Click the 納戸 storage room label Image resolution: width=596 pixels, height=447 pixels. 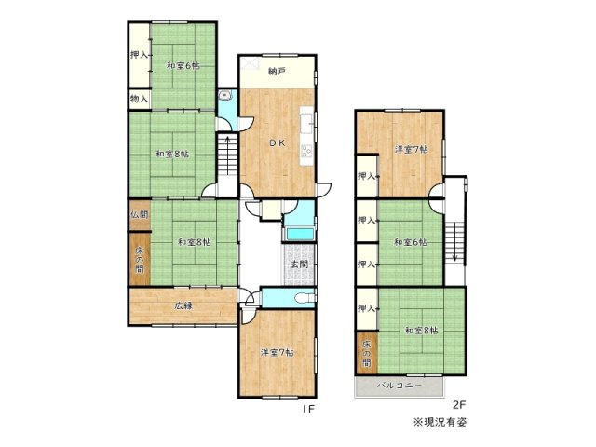pos(276,72)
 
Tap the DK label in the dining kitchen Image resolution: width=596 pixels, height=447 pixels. pos(278,142)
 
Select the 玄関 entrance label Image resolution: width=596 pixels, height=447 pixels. pos(299,264)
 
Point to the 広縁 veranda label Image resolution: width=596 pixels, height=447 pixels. pos(183,305)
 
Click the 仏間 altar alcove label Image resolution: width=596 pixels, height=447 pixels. pos(139,214)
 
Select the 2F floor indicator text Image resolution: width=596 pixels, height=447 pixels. pos(457,405)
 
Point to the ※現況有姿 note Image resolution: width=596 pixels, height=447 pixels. pos(440,422)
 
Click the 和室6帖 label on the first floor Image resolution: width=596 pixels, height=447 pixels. pos(183,65)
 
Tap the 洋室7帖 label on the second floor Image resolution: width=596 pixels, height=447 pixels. pos(410,149)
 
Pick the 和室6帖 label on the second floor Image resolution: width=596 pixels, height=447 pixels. pos(410,243)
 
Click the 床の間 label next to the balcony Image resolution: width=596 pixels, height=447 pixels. pos(366,353)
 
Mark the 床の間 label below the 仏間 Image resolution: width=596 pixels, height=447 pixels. pos(139,256)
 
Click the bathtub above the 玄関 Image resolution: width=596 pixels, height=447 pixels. pos(299,233)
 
